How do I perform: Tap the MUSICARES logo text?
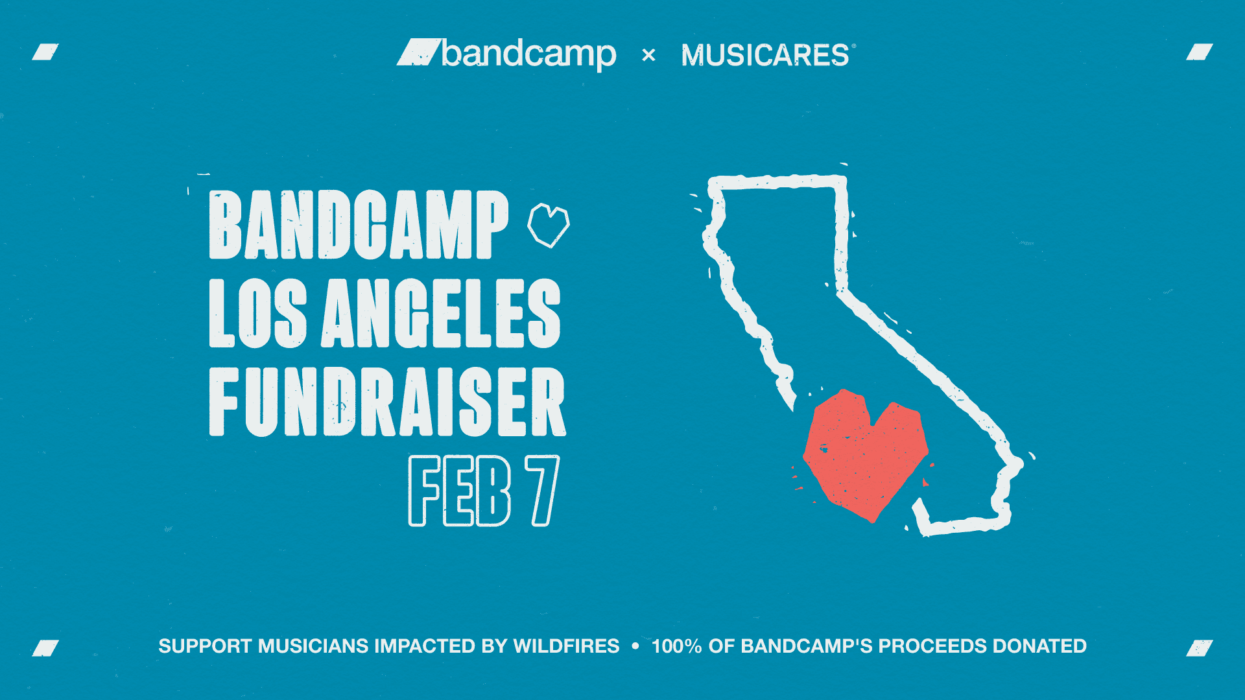(766, 55)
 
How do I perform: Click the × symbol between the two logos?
(648, 55)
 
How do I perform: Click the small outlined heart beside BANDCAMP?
(549, 225)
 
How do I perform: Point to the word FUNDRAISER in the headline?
(387, 402)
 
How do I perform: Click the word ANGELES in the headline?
(441, 314)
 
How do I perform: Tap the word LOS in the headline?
(257, 314)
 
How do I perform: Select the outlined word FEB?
(460, 491)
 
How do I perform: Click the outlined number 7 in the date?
(543, 491)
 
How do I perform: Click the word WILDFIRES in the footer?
(566, 646)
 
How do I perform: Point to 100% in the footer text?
(676, 646)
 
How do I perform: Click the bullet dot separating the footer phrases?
(635, 646)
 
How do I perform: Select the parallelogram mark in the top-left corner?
(45, 52)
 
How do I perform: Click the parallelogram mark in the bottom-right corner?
(1200, 648)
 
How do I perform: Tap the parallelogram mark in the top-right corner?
(1200, 52)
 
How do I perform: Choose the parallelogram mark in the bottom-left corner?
(45, 648)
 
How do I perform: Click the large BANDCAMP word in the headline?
(359, 225)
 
